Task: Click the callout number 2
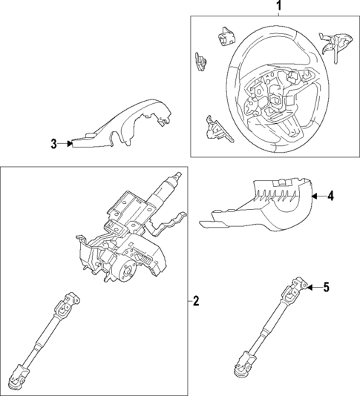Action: pyautogui.click(x=195, y=301)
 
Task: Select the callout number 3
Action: pyautogui.click(x=53, y=144)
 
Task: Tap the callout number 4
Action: pyautogui.click(x=330, y=197)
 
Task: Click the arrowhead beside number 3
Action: pyautogui.click(x=69, y=144)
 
